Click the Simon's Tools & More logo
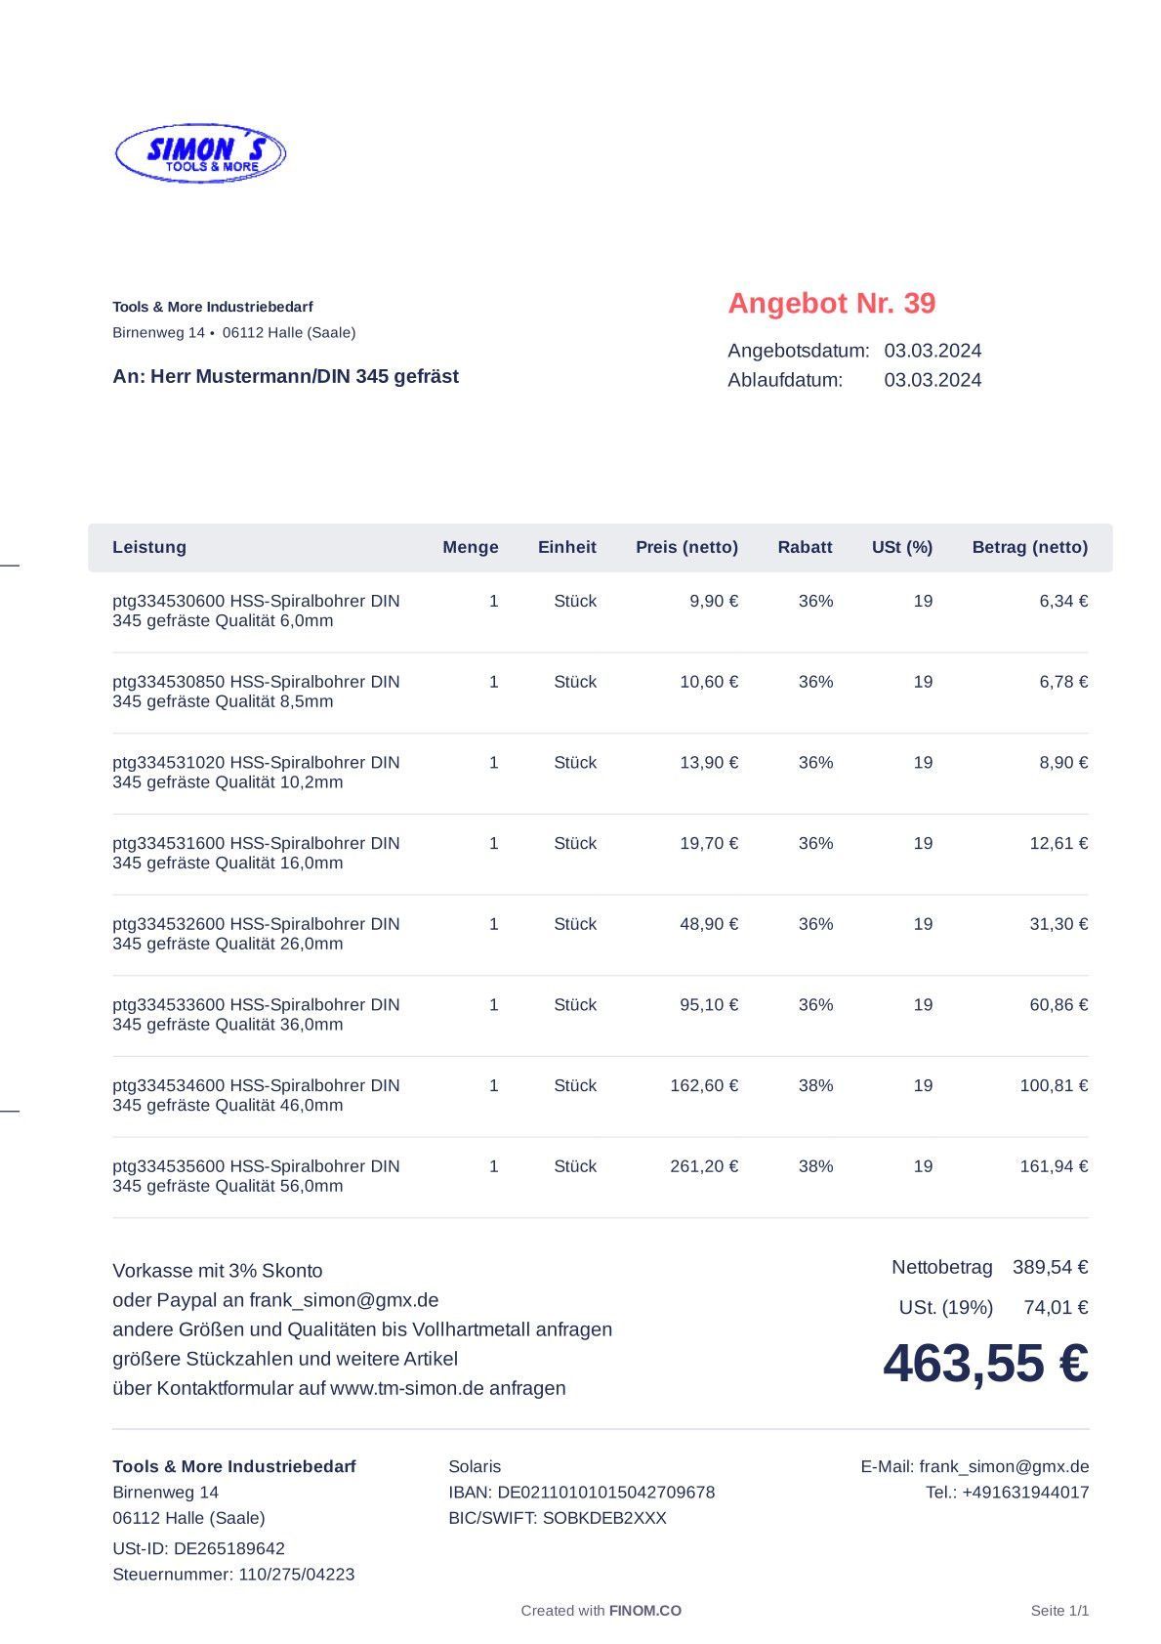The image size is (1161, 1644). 200,153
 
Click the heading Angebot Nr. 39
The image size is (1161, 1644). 831,303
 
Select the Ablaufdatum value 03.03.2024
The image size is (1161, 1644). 933,380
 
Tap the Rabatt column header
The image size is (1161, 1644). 805,547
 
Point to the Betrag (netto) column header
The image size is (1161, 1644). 1029,547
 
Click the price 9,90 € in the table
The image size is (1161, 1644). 714,601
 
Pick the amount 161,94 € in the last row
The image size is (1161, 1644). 1054,1165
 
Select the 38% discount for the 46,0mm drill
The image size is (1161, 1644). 815,1085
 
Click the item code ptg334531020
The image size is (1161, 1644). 169,762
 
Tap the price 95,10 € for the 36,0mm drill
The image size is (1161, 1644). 709,1004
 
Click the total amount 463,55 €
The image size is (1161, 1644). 985,1363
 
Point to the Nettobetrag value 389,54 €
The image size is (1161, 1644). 1050,1267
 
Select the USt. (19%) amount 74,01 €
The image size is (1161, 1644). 1056,1307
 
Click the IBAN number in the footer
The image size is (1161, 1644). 605,1492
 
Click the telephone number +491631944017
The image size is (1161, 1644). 1025,1492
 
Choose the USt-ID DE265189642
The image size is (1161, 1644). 228,1547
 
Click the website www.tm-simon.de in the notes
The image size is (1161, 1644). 407,1388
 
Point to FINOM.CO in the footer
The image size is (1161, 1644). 644,1611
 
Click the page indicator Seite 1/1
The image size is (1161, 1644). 1059,1611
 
